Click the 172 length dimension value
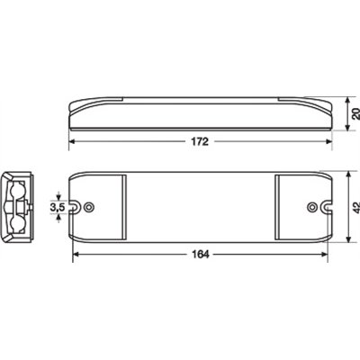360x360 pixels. tap(200, 140)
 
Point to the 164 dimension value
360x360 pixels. tap(200, 255)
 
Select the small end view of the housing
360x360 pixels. tap(19, 206)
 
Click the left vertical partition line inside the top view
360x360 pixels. tap(125, 206)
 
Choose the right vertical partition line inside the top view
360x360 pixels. tap(275, 206)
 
